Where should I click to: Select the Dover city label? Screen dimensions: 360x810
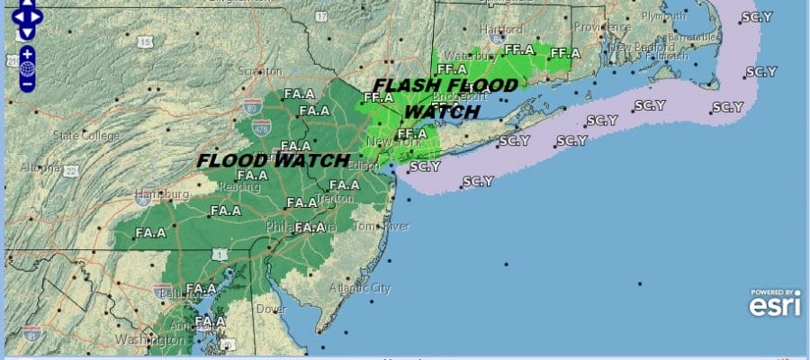click(273, 309)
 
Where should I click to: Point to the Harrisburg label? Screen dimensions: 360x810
click(162, 193)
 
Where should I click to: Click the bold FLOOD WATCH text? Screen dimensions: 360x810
click(273, 161)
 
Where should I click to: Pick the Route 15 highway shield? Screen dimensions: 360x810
click(143, 42)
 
